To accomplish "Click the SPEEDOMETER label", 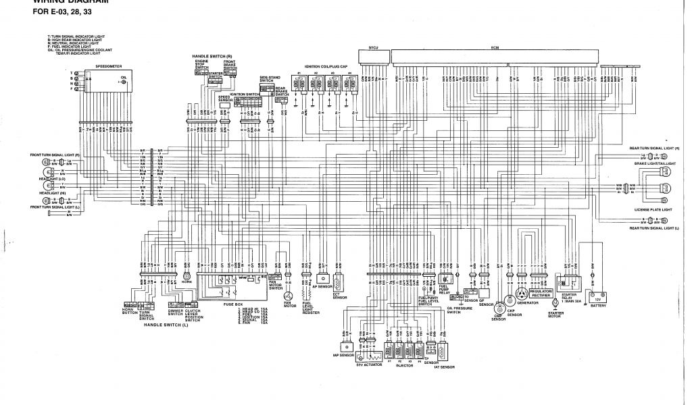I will point(109,66).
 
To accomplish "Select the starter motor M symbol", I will point(555,304).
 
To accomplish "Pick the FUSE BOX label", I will point(232,305).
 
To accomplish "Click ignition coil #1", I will point(297,83).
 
